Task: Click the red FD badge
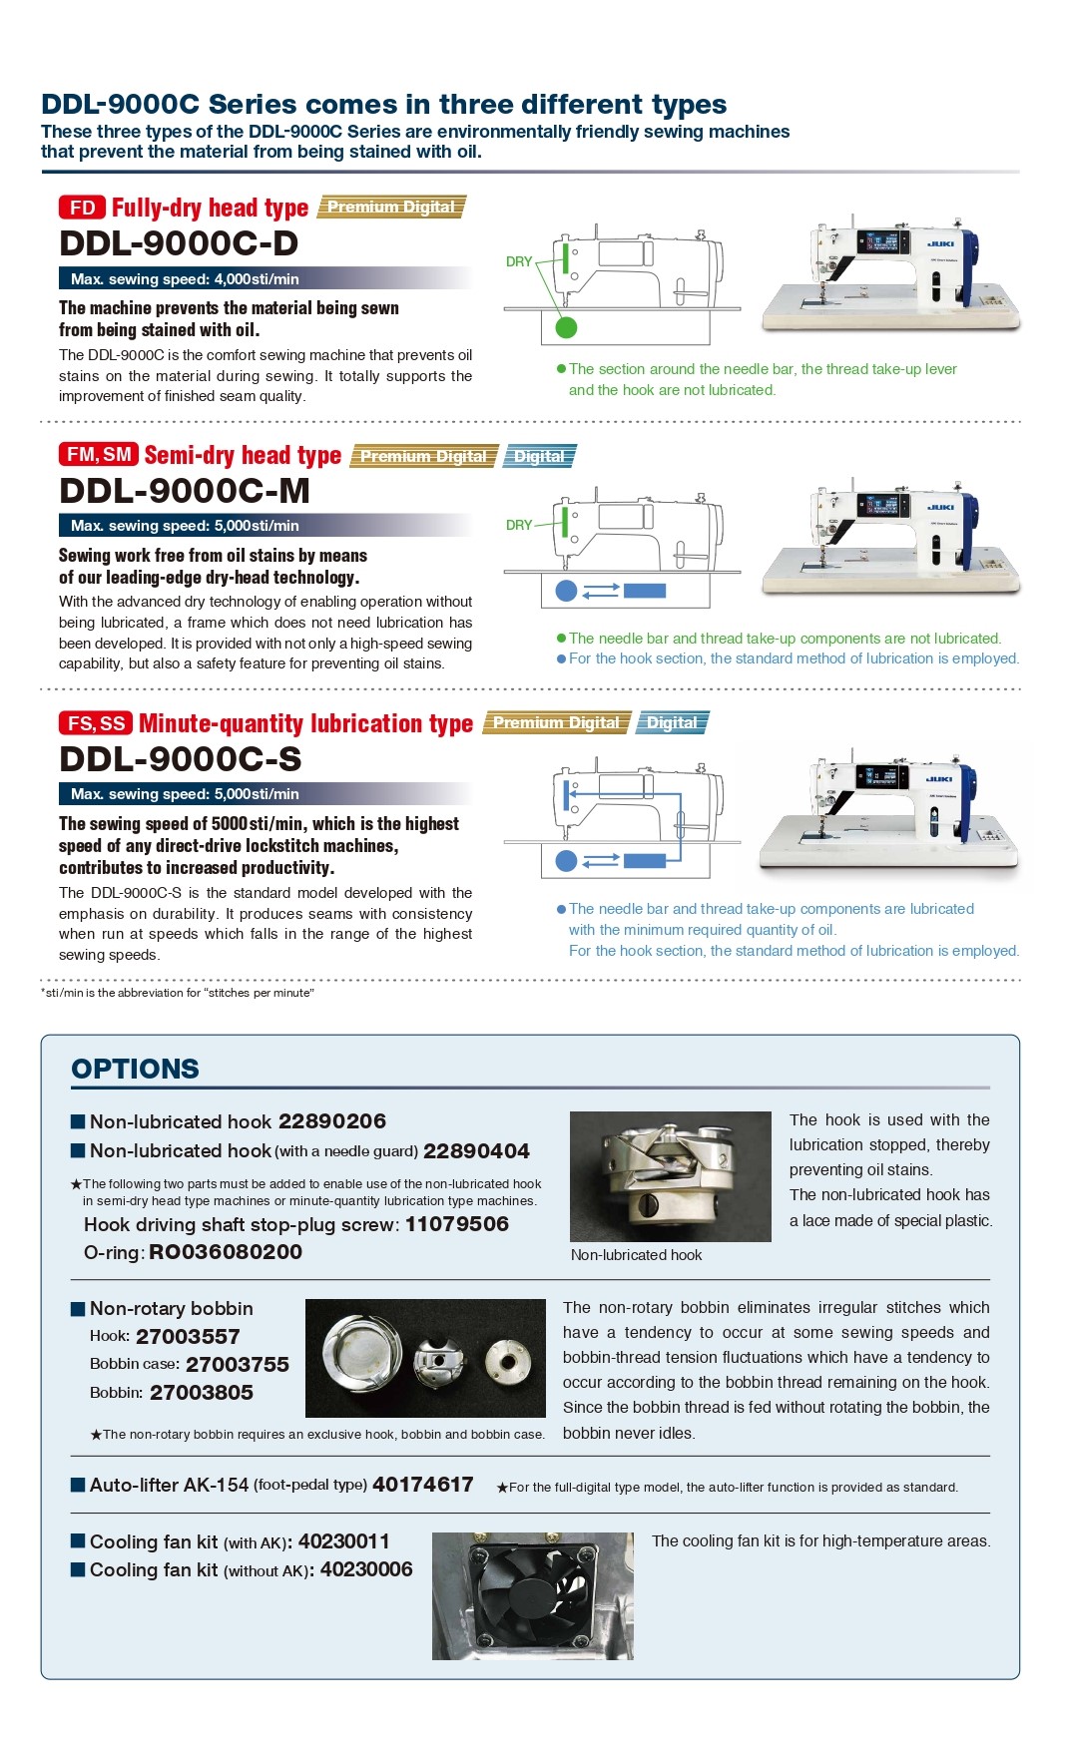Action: (82, 208)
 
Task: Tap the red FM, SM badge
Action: (98, 455)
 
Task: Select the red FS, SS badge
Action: (96, 723)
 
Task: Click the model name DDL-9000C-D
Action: (179, 243)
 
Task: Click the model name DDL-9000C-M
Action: (185, 491)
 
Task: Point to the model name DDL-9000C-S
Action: (181, 759)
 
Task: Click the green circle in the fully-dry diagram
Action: (566, 326)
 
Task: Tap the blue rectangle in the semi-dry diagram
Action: (644, 591)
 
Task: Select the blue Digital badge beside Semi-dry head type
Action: (539, 456)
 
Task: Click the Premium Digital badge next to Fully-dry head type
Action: (391, 208)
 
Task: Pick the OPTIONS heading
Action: (135, 1069)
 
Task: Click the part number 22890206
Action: (332, 1121)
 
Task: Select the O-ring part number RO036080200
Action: (226, 1252)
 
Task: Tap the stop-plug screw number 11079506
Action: (457, 1224)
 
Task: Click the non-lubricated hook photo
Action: (670, 1176)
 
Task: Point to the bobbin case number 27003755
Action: (238, 1364)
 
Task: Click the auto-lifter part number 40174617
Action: (423, 1485)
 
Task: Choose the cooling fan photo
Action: (532, 1595)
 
